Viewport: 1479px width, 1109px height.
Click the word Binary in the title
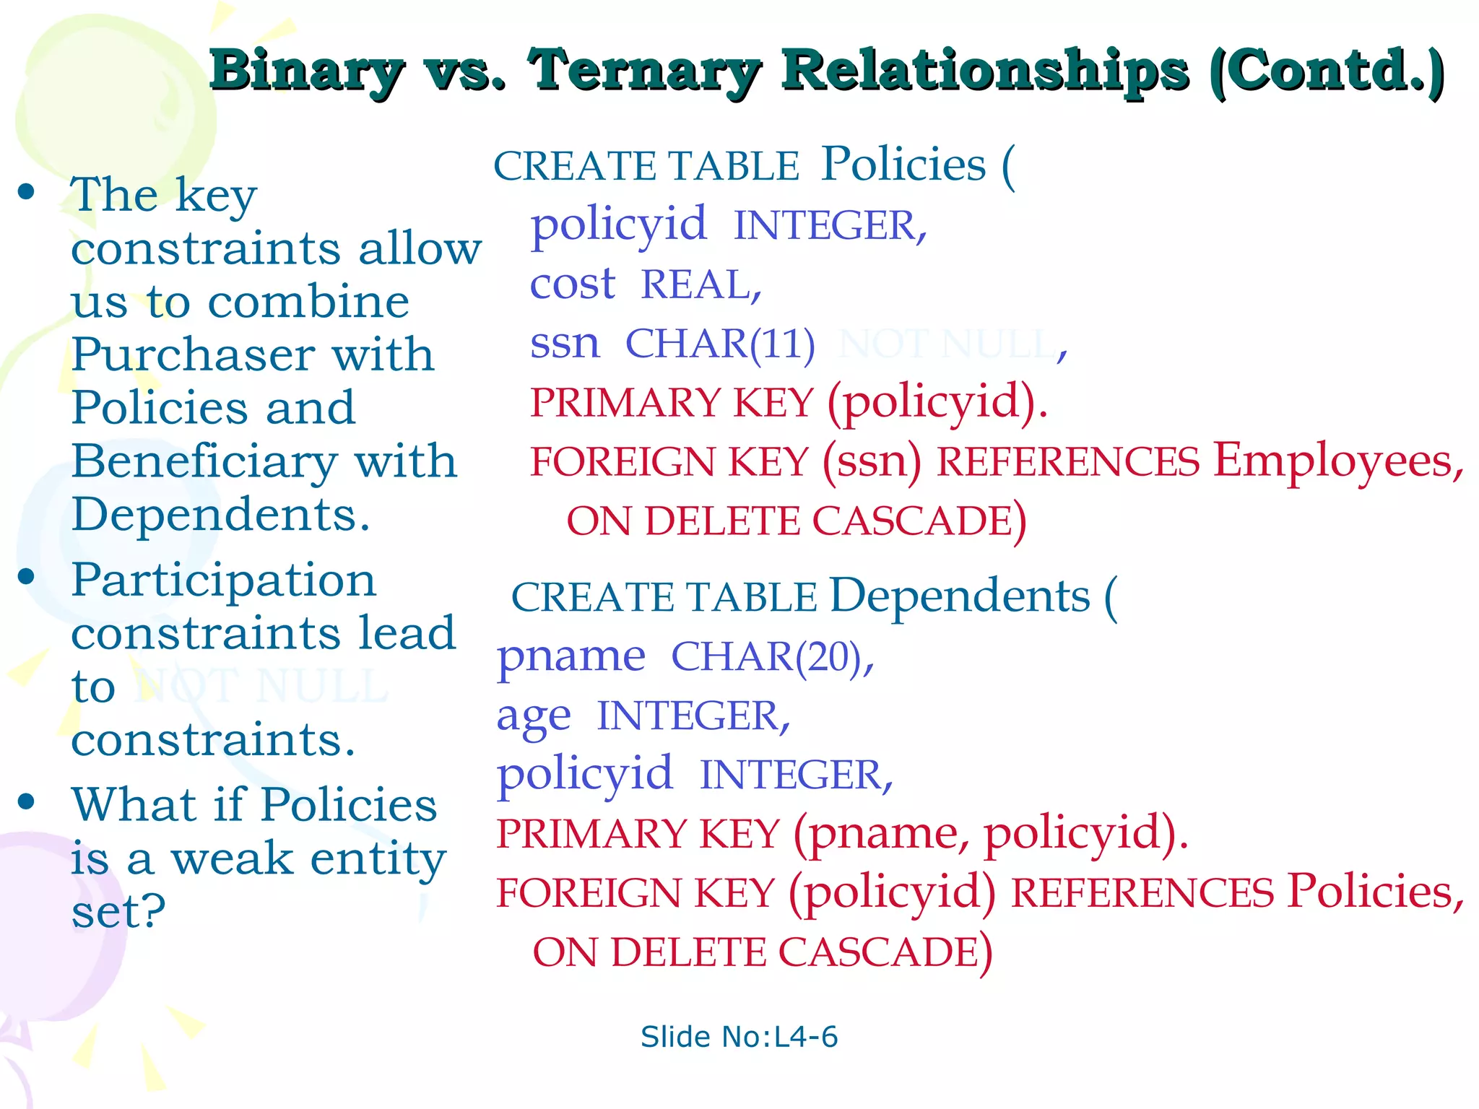pyautogui.click(x=306, y=72)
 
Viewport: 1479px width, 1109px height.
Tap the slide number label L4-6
pyautogui.click(x=739, y=1037)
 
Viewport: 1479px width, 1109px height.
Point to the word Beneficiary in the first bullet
pyautogui.click(x=204, y=462)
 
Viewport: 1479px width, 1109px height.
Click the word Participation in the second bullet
pyautogui.click(x=224, y=580)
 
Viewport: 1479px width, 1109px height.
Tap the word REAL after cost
pyautogui.click(x=701, y=284)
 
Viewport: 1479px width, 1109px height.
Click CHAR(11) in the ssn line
pyautogui.click(x=720, y=344)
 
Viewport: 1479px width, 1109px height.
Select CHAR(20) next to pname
pyautogui.click(x=772, y=657)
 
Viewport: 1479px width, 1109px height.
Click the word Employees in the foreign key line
pyautogui.click(x=1338, y=461)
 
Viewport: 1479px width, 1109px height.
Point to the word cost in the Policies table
pyautogui.click(x=573, y=284)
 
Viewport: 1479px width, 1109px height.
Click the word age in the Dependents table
pyautogui.click(x=534, y=716)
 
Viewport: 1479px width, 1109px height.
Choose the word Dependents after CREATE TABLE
pyautogui.click(x=960, y=596)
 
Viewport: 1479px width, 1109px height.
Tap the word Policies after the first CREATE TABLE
pyautogui.click(x=903, y=165)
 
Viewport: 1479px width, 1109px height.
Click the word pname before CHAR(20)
pyautogui.click(x=571, y=657)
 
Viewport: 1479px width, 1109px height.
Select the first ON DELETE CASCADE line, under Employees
pyautogui.click(x=796, y=521)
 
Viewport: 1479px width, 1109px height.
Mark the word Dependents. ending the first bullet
pyautogui.click(x=221, y=516)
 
